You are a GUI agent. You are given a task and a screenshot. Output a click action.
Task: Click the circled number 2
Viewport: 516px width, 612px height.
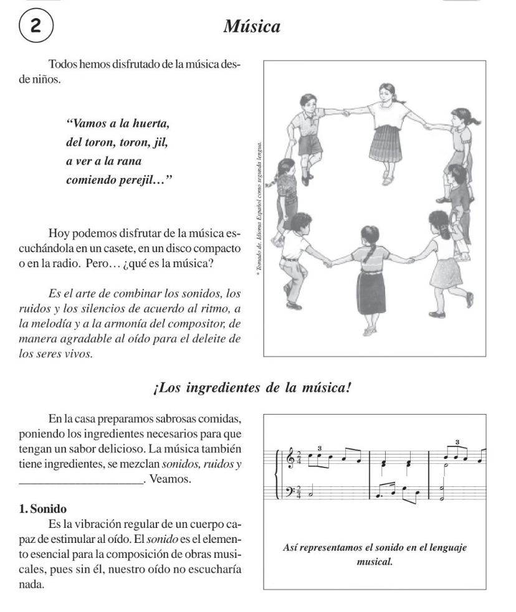[x=28, y=27]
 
